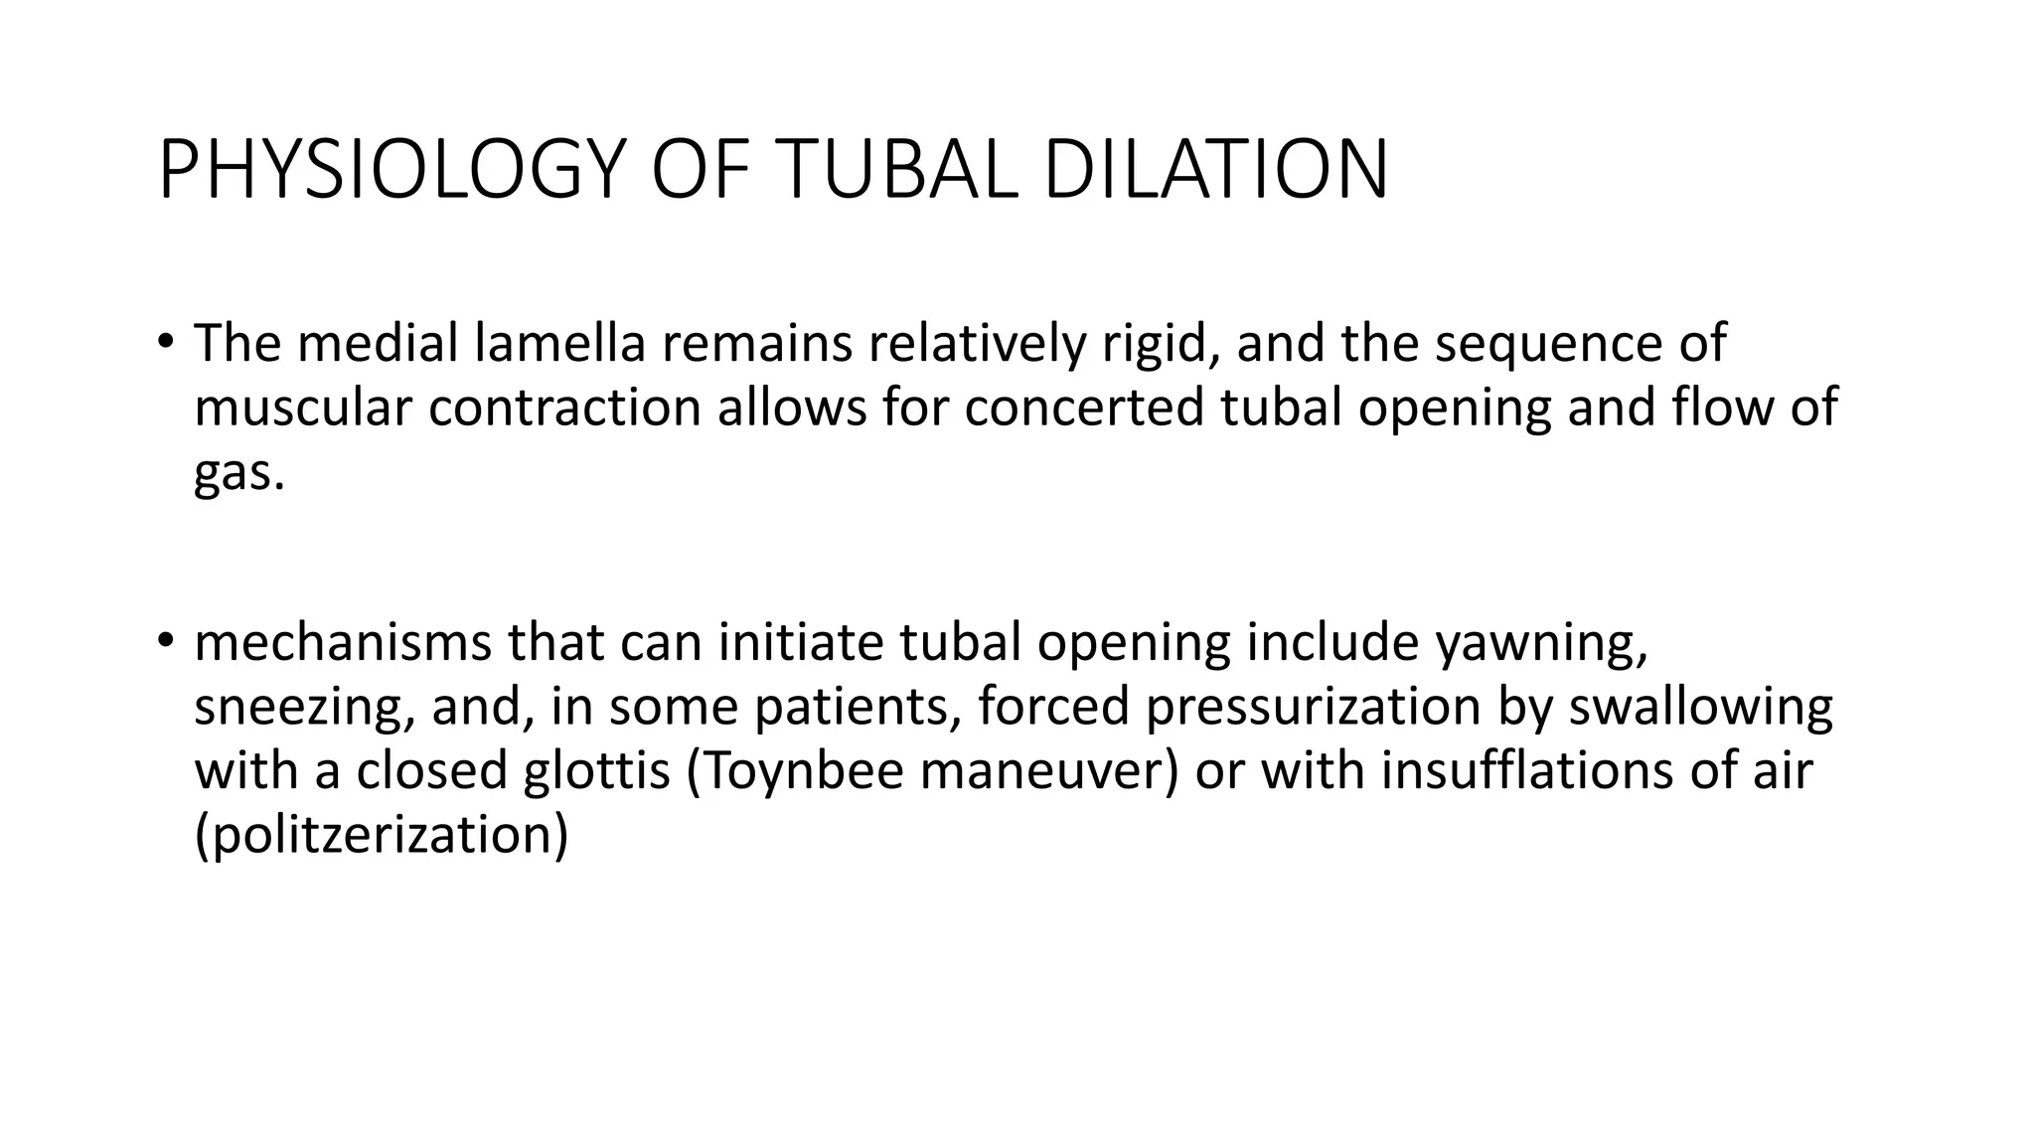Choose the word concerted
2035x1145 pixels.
click(x=1083, y=408)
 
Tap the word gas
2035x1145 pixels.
click(x=238, y=473)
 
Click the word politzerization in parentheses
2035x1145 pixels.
click(x=382, y=835)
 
